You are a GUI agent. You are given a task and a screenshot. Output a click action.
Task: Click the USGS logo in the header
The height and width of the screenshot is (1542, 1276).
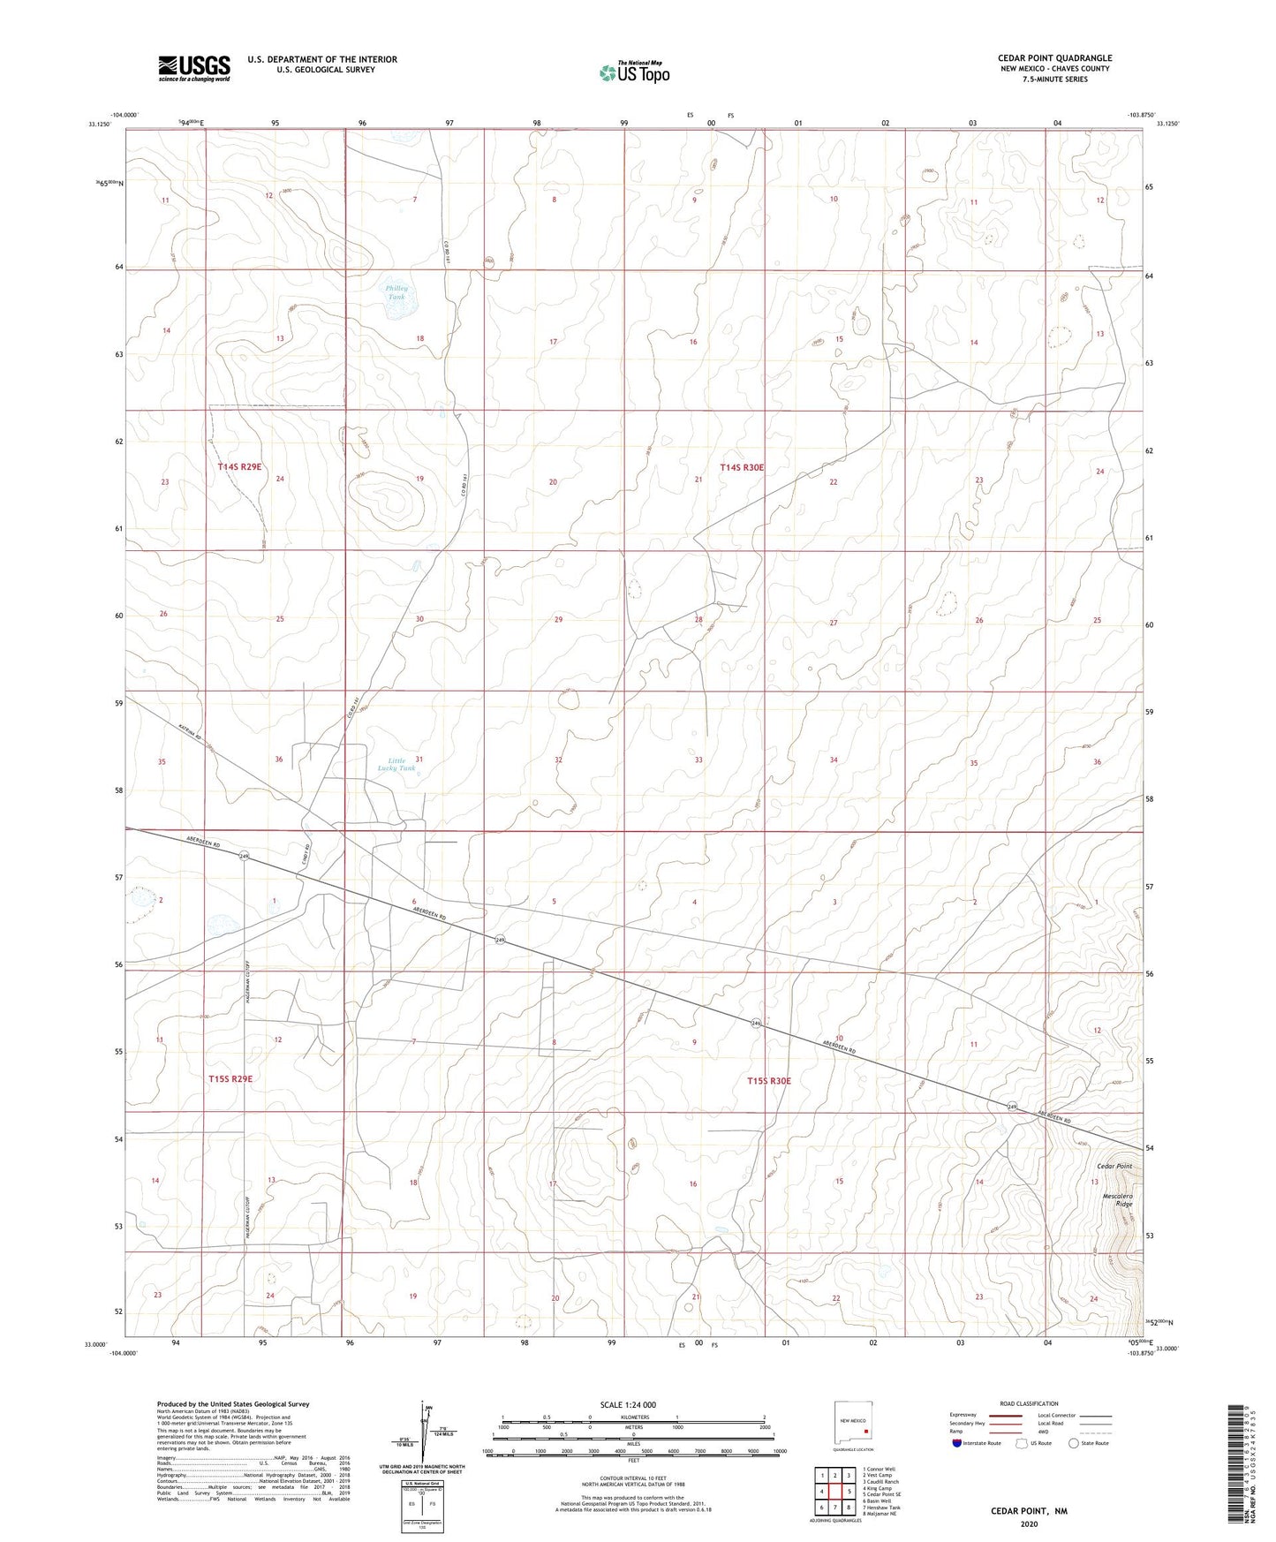(x=194, y=67)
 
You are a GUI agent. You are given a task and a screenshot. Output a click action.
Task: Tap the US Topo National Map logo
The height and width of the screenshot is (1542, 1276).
(x=634, y=72)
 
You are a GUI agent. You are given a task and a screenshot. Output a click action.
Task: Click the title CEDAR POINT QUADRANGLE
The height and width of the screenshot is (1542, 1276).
(x=1054, y=58)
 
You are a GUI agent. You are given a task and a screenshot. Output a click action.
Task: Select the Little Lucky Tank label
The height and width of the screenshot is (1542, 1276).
(x=396, y=764)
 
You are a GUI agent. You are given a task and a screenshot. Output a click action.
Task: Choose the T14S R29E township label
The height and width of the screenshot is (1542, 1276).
(x=239, y=466)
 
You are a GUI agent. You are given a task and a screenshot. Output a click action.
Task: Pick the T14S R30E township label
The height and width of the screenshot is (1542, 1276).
(x=741, y=467)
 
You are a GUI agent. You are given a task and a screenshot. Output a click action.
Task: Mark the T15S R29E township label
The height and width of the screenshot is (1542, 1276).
(x=230, y=1078)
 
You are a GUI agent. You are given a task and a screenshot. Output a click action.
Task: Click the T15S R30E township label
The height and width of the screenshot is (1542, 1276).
(x=768, y=1081)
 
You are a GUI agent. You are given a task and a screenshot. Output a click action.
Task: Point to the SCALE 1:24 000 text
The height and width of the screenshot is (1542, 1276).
(x=629, y=1405)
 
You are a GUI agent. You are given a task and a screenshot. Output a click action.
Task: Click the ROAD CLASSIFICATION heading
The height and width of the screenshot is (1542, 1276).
(x=1029, y=1403)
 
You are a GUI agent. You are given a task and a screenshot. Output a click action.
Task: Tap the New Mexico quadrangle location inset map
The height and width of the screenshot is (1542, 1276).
(x=852, y=1425)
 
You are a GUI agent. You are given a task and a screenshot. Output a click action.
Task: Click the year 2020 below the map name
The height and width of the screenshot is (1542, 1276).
(x=1029, y=1523)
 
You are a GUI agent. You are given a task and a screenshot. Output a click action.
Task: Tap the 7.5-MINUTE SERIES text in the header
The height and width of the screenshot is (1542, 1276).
(x=1054, y=79)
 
